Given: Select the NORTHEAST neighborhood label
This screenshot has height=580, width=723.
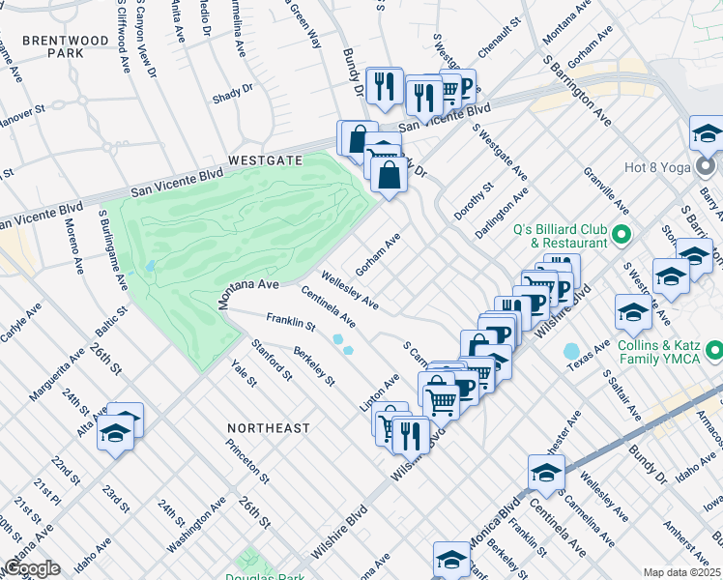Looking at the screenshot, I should (269, 427).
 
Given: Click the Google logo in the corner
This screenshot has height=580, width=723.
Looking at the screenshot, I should (32, 568).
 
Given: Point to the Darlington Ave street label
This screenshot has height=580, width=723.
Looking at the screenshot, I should (502, 213).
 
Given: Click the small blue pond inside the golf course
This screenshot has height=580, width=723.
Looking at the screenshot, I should (149, 266).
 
